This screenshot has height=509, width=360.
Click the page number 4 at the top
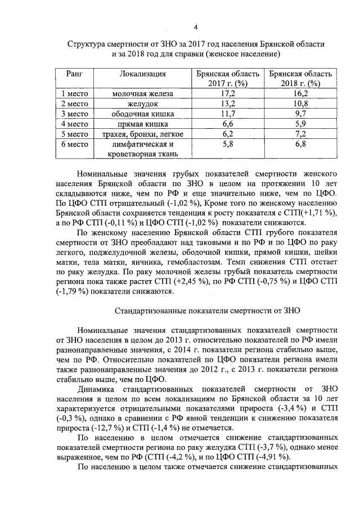tap(195, 27)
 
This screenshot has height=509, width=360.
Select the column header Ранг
tap(75, 74)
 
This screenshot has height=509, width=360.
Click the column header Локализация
tap(142, 74)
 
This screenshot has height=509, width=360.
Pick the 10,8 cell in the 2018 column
tap(301, 103)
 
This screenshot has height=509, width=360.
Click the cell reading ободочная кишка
tap(143, 114)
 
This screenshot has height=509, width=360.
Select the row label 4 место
tap(75, 124)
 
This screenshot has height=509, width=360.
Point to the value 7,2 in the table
tap(301, 134)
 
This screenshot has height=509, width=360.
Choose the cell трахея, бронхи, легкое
tap(143, 134)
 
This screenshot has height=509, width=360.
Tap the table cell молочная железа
tap(143, 93)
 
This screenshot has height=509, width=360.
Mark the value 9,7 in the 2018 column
tap(301, 114)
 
